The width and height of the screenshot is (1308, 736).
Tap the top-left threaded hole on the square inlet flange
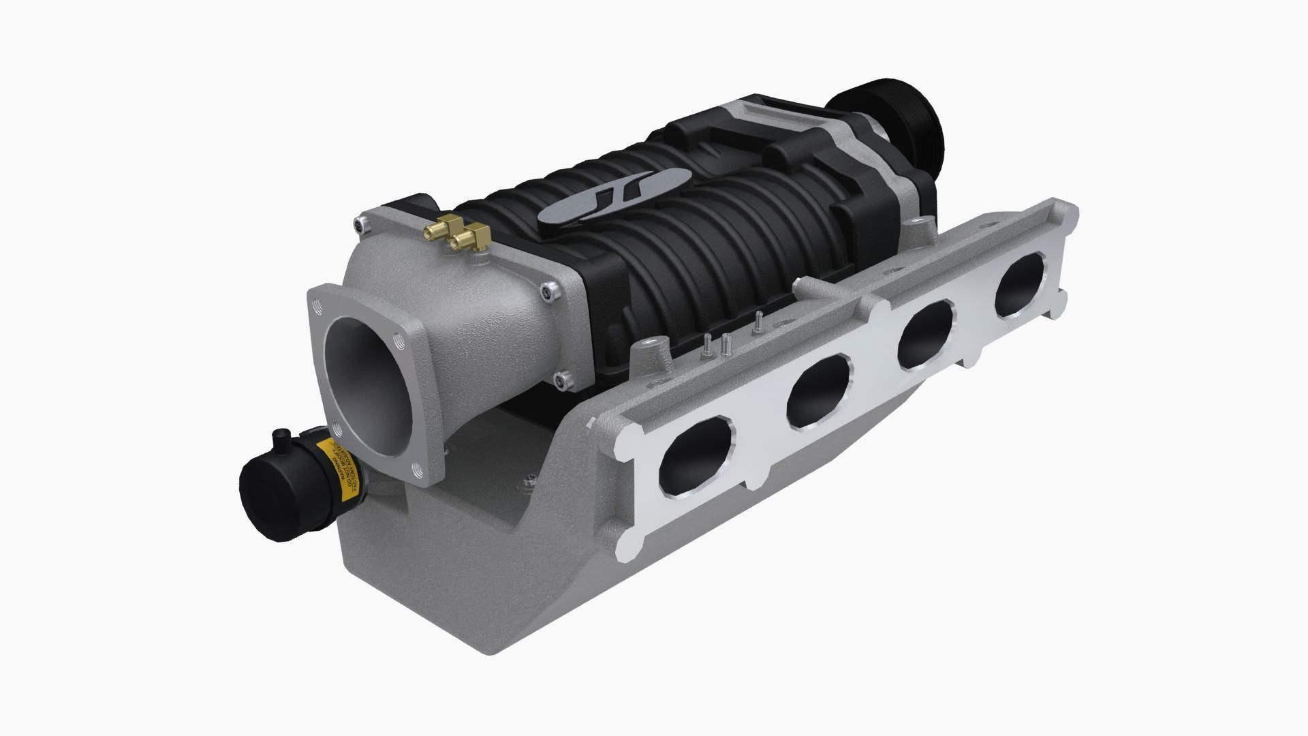[x=316, y=305]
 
